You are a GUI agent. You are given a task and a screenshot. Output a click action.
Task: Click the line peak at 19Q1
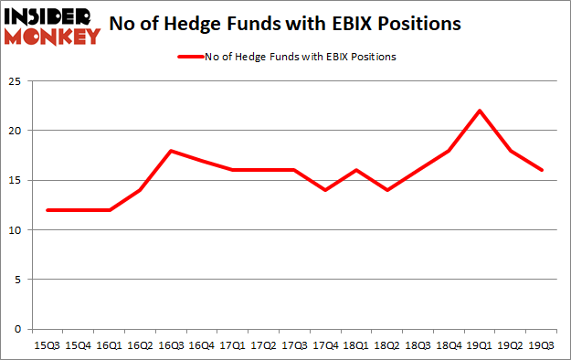click(x=480, y=111)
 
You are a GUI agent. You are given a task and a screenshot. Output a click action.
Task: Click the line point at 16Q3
click(x=171, y=151)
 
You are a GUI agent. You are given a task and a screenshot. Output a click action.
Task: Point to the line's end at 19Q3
click(x=542, y=170)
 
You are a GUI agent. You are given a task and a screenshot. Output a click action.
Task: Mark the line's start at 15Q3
click(x=48, y=210)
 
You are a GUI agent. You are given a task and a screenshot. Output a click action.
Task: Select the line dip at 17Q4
click(x=325, y=190)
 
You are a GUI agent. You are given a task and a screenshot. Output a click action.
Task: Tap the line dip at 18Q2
click(x=387, y=190)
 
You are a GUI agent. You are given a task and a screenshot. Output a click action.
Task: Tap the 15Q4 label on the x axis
click(x=79, y=345)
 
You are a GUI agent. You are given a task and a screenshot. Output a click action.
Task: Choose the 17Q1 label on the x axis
click(x=233, y=345)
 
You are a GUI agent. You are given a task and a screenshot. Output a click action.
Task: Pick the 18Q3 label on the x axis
click(x=418, y=345)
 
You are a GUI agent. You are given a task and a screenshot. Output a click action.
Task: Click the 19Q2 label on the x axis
click(x=511, y=345)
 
